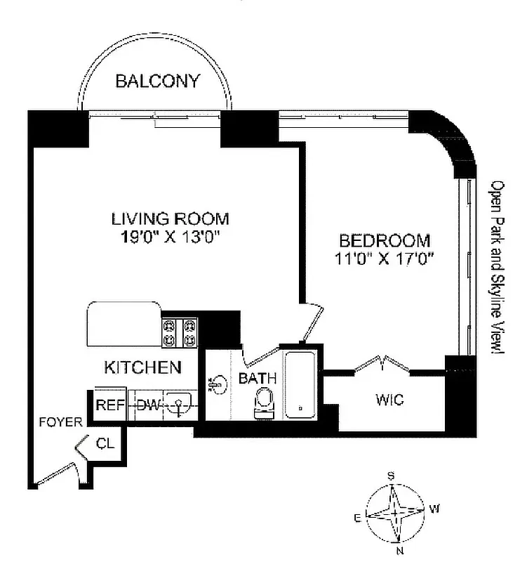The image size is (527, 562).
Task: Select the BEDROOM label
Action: pos(385,240)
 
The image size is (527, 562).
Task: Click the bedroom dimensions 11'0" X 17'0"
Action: pos(385,258)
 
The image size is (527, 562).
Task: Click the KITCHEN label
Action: pos(143,367)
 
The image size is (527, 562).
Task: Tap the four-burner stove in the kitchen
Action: pos(180,332)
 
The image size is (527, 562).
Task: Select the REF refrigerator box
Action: pos(109,405)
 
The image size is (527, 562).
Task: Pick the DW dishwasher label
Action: pos(147,405)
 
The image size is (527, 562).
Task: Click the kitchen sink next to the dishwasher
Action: pos(180,405)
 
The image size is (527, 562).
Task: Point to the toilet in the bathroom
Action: pos(265,403)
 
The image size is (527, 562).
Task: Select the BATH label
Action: pos(258,379)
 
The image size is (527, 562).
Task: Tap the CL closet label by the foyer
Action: pos(105,443)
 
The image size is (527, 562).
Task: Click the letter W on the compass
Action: pos(434,508)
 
